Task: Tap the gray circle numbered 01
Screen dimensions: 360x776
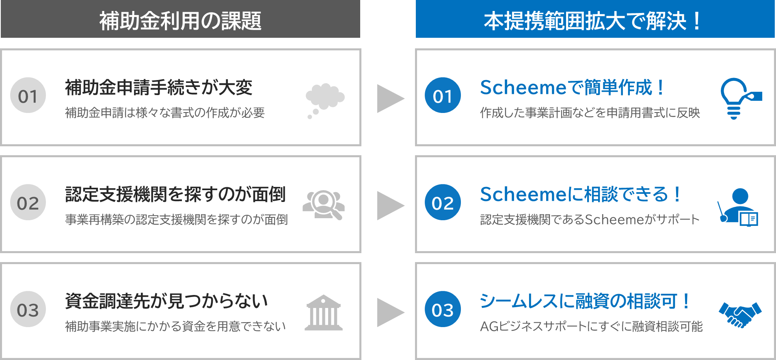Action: pos(28,96)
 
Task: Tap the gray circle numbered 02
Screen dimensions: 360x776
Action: pos(28,203)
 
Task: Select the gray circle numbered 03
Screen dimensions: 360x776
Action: pos(28,310)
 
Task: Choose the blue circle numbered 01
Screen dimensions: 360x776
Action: pos(443,96)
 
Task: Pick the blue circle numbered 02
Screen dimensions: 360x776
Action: pos(443,203)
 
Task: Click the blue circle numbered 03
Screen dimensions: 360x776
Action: pos(443,310)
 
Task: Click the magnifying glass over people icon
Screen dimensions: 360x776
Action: pos(324,205)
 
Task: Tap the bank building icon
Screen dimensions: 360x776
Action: pos(324,312)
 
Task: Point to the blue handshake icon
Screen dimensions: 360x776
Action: pos(740,314)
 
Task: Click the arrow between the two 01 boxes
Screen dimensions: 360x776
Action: pos(390,98)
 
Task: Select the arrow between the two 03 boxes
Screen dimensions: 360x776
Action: pos(390,312)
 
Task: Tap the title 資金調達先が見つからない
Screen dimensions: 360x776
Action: pos(166,301)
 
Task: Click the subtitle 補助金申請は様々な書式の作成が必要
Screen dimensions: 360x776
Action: pos(165,113)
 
